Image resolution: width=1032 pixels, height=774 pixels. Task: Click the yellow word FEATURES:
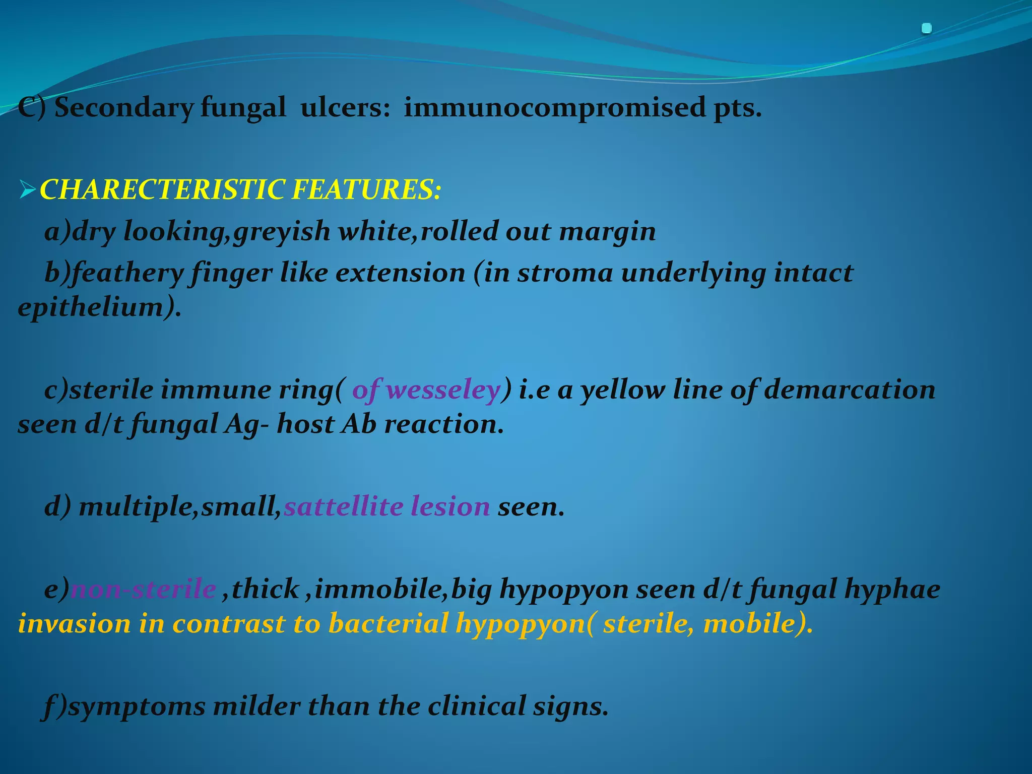pos(366,190)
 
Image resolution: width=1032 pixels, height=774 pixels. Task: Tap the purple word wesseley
pos(443,390)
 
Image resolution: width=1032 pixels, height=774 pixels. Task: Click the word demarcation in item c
pos(849,390)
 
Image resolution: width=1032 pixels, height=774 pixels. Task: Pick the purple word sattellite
pos(343,506)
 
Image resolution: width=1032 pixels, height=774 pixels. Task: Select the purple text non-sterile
pos(144,589)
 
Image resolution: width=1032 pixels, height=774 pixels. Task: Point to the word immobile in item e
pos(377,589)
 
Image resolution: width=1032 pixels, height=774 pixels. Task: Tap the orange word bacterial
pos(388,624)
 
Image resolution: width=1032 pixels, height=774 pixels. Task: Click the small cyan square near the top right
pos(926,29)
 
